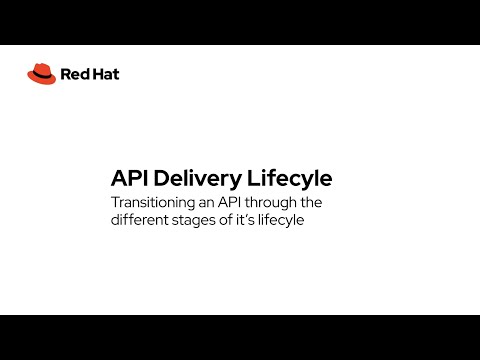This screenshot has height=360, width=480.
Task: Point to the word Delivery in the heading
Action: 200,178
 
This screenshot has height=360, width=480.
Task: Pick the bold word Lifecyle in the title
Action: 289,178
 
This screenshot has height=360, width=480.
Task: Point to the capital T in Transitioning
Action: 115,202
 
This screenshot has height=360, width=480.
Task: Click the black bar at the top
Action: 240,22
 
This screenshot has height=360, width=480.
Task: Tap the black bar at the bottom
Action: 240,337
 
